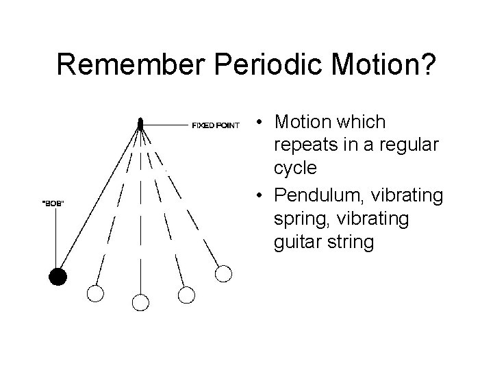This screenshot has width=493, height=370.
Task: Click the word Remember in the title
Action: pyautogui.click(x=133, y=66)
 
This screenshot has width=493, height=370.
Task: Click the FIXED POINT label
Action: pyautogui.click(x=215, y=125)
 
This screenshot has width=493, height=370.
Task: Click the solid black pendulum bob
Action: pyautogui.click(x=58, y=277)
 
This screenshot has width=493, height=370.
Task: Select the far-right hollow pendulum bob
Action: pyautogui.click(x=224, y=273)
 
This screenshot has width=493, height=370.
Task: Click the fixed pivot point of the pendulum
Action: pyautogui.click(x=140, y=124)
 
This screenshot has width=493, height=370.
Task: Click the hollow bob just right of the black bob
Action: pyautogui.click(x=95, y=294)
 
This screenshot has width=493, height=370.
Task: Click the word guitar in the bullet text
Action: pyautogui.click(x=296, y=243)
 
